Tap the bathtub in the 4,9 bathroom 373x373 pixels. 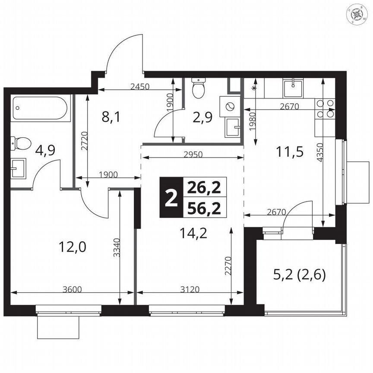40,108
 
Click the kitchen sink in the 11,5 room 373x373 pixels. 293,88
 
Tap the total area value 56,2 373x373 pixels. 204,209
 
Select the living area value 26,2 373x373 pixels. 204,187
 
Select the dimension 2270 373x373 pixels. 229,266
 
